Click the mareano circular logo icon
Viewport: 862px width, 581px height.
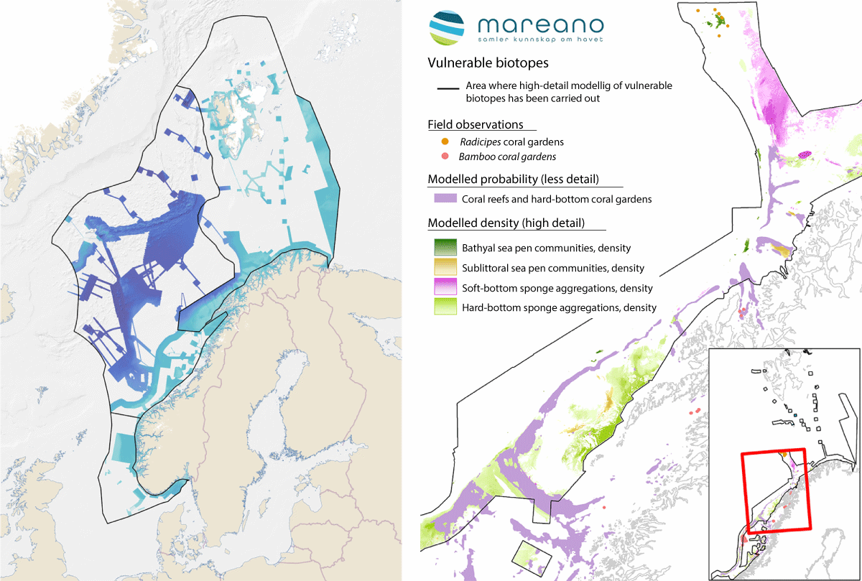(x=447, y=28)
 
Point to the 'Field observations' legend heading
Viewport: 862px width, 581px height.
(x=475, y=124)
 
